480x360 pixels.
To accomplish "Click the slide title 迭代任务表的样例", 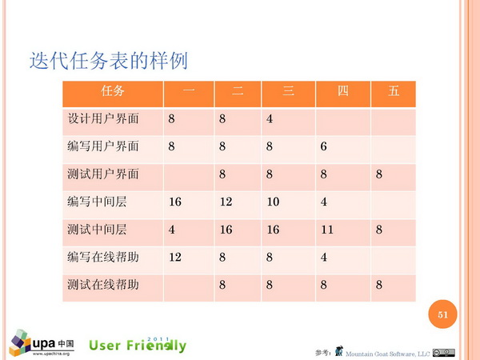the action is coord(108,60).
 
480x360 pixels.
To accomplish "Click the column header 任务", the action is coord(113,91).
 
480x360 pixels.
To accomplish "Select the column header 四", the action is coord(343,91).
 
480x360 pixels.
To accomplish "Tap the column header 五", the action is coord(394,91).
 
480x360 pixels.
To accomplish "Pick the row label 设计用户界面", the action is coord(103,118).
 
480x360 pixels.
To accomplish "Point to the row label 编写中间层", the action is coord(97,202).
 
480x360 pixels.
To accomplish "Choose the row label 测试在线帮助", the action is coord(103,284).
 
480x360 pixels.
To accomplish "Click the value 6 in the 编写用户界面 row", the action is coord(323,146).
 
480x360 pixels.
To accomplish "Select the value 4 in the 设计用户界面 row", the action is coord(270,118).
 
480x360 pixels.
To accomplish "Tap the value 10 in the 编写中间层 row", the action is coord(273,202).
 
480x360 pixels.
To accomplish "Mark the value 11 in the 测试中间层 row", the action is coord(327,230).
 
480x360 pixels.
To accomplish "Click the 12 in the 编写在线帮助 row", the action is coord(175,257).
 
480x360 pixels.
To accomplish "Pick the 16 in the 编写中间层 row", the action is coord(175,202).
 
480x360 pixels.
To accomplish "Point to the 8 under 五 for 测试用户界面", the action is coord(379,174).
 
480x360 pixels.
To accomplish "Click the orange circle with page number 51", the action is coord(442,314).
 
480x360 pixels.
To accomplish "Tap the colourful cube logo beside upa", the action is coord(20,343).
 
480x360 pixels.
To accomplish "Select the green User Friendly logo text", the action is coord(138,345).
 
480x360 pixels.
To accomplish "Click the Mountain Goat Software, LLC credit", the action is coord(387,354).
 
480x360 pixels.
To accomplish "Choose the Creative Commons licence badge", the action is coord(443,353).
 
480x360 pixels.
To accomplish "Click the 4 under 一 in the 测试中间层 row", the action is coord(171,230).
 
